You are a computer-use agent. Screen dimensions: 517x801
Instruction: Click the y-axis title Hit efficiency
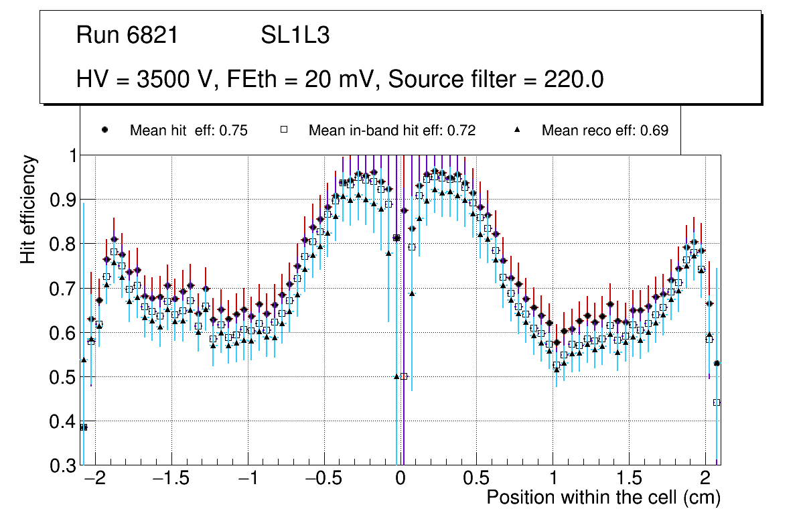pos(28,209)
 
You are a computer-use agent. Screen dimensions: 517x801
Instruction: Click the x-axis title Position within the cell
pos(603,498)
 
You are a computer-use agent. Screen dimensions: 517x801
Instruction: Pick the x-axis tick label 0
pos(400,479)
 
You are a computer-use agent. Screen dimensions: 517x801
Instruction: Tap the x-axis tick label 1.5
pos(628,479)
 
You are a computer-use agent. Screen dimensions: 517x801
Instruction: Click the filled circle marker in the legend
pos(104,130)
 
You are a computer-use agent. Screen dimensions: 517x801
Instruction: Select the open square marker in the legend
pos(283,130)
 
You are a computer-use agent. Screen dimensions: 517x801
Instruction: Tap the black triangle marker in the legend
pos(517,130)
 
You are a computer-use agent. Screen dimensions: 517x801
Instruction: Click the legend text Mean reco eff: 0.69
pos(604,131)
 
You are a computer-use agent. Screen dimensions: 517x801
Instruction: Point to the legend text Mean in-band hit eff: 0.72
pos(392,131)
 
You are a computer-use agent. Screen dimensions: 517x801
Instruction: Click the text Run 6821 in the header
pos(127,35)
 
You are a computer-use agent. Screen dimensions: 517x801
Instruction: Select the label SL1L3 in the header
pos(295,35)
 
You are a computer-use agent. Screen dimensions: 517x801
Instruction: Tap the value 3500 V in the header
pos(175,80)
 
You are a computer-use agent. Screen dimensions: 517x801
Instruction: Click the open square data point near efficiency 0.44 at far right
pos(717,402)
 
